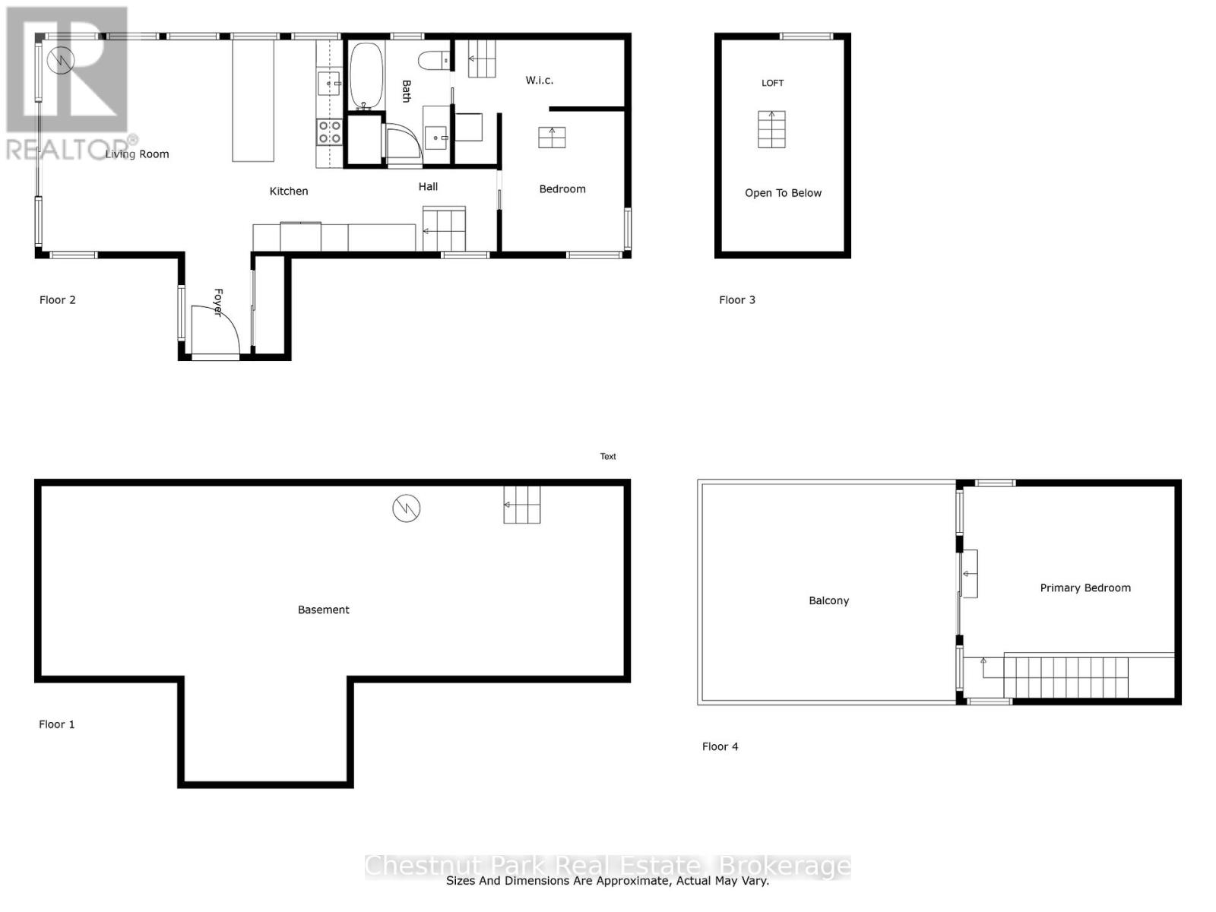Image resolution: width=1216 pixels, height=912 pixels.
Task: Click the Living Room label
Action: pos(137,154)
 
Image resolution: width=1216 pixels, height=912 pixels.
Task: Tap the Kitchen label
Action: pos(289,192)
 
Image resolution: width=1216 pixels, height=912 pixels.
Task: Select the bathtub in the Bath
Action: pos(366,75)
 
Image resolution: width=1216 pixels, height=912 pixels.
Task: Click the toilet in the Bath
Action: pos(435,59)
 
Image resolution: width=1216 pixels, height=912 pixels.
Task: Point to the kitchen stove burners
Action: pos(329,132)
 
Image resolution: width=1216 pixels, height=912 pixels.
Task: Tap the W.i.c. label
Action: pos(539,80)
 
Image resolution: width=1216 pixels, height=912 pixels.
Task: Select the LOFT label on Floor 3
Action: pos(772,83)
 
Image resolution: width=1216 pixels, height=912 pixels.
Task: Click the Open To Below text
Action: pos(783,193)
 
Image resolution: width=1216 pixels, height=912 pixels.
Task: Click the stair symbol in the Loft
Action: pos(771,129)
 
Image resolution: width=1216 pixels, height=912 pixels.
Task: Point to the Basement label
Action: pos(323,610)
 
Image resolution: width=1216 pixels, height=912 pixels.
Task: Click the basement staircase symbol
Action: pos(522,505)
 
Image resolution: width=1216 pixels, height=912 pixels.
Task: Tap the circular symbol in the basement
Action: pos(407,508)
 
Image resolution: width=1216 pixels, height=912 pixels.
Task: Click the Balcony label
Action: pos(828,600)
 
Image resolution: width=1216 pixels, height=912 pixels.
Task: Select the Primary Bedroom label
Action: pos(1085,587)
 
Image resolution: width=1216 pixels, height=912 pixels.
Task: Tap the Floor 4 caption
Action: pos(720,746)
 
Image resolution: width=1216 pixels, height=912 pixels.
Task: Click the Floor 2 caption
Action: pos(58,299)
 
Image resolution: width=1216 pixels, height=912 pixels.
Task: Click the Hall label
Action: pos(428,186)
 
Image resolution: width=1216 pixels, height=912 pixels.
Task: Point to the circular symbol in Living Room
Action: pos(60,60)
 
